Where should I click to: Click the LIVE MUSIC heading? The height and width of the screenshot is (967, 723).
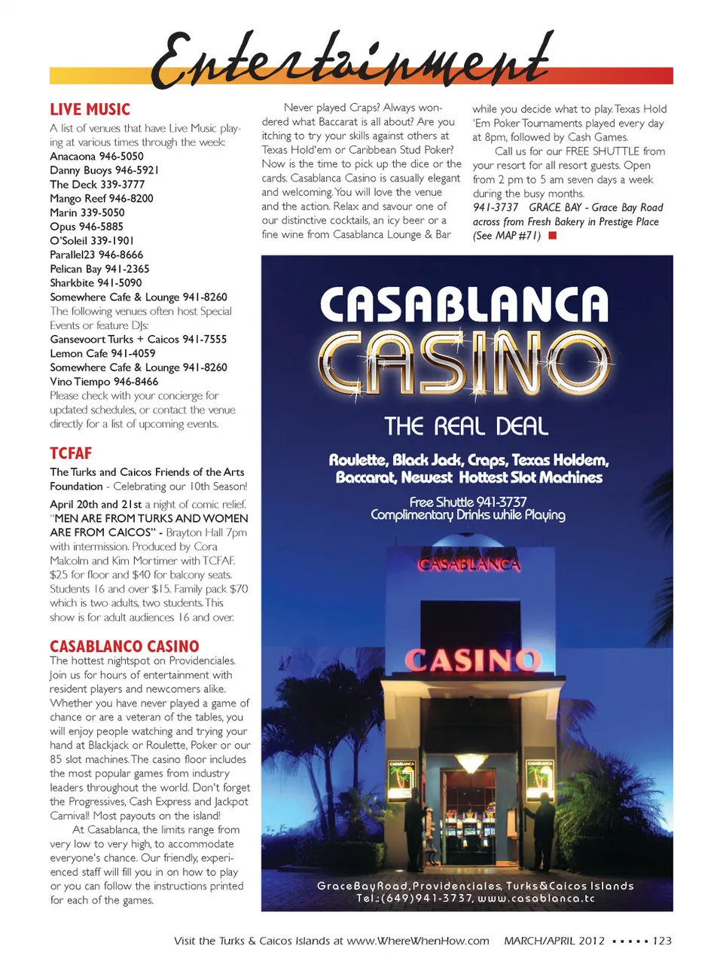click(90, 109)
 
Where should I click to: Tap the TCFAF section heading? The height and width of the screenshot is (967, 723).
click(71, 453)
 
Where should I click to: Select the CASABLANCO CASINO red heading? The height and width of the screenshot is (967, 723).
click(124, 646)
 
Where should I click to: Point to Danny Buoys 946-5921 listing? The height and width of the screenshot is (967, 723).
click(104, 170)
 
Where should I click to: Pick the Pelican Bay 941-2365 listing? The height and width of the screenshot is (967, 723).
click(99, 269)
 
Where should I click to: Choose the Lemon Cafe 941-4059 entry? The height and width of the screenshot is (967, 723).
click(102, 353)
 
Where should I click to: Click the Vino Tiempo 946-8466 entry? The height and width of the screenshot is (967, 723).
click(104, 382)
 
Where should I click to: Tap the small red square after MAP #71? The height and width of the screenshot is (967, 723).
click(552, 236)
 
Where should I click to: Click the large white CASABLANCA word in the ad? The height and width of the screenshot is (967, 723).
click(464, 305)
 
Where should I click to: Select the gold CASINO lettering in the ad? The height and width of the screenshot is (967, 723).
click(464, 362)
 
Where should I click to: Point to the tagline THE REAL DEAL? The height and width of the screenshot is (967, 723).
click(466, 426)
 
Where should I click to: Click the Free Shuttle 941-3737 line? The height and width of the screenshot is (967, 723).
click(468, 502)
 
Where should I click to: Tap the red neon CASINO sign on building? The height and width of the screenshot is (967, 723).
click(472, 660)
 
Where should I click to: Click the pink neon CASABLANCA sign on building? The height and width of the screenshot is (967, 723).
click(469, 563)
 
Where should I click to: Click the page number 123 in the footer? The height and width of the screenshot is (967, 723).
click(662, 941)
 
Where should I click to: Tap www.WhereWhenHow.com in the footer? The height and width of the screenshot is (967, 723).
click(417, 941)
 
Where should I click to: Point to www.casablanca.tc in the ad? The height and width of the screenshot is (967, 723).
click(536, 898)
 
